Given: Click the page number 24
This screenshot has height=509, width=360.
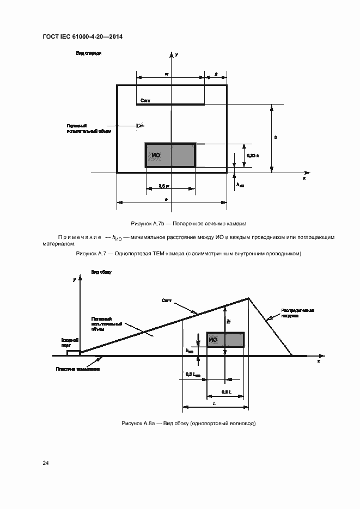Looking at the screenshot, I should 46,463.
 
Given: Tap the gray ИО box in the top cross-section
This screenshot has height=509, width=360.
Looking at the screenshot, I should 170,155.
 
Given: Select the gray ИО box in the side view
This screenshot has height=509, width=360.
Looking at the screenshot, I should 225,340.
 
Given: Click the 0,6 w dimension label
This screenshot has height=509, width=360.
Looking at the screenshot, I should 164,186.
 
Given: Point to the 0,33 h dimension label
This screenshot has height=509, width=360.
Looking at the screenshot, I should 253,156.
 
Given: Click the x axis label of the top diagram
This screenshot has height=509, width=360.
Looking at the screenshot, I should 304,178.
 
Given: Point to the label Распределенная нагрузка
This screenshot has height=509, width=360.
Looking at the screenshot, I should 298,312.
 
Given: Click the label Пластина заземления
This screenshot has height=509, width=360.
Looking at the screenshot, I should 78,369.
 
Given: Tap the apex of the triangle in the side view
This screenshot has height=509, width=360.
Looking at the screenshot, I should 249,298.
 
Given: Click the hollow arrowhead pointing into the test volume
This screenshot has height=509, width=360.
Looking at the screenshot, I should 140,126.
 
